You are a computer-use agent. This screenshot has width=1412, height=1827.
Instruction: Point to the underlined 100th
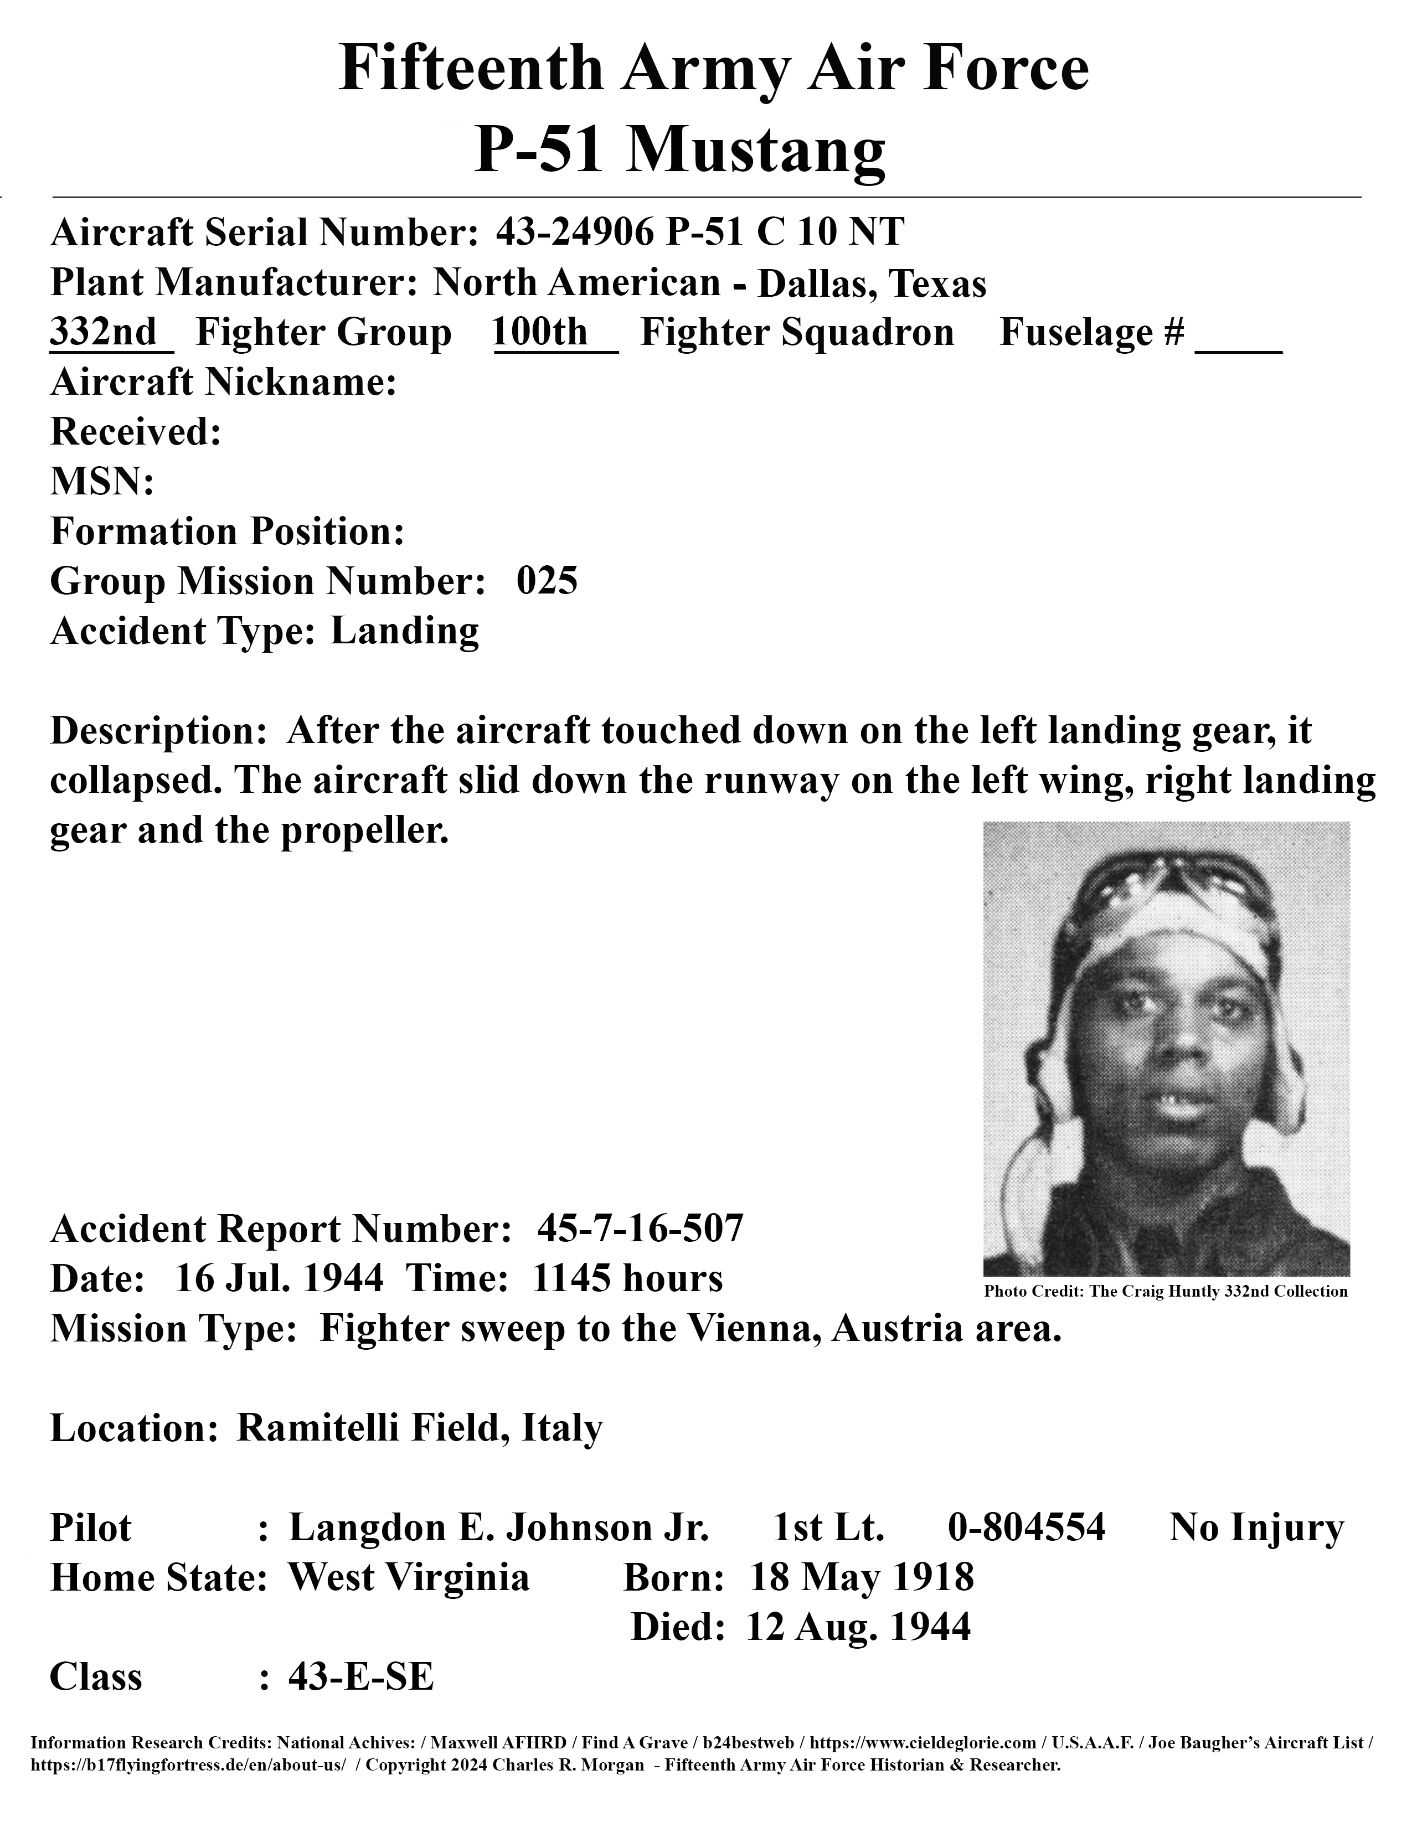pos(540,332)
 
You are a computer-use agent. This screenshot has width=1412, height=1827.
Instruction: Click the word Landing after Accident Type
pos(405,631)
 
